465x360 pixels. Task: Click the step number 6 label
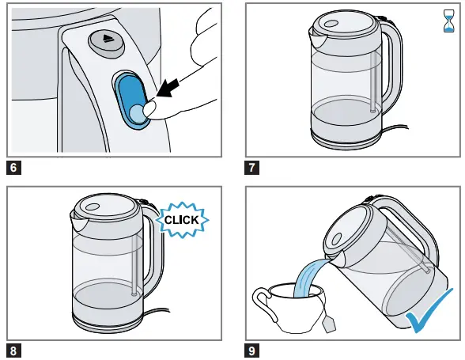pos(13,168)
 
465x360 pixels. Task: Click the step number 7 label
pos(251,168)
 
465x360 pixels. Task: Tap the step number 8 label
pos(13,351)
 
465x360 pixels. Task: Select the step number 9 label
pos(251,351)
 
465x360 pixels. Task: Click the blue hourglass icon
pos(448,21)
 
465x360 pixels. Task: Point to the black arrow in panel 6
pos(168,88)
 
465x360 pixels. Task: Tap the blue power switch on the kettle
pos(130,101)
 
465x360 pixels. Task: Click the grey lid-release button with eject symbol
pos(107,44)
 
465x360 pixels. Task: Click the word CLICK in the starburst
pos(182,220)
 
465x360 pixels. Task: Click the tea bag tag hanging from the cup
pos(329,324)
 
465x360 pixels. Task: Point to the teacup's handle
pos(261,303)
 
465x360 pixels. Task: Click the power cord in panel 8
pos(157,312)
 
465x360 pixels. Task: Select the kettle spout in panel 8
pos(79,220)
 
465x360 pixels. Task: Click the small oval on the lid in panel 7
pos(331,24)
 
